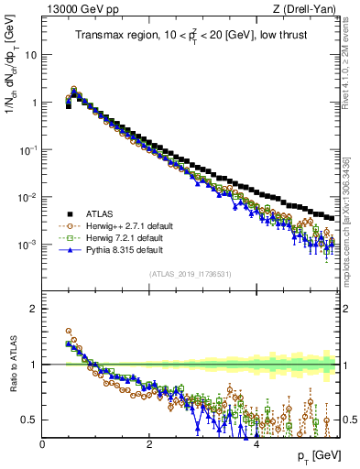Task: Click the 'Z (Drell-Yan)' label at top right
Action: pyautogui.click(x=307, y=10)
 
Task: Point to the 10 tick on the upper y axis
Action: pyautogui.click(x=32, y=55)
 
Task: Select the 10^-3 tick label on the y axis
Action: pyautogui.click(x=29, y=245)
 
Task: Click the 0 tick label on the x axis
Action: pyautogui.click(x=42, y=444)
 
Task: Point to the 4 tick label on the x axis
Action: pyautogui.click(x=256, y=444)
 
